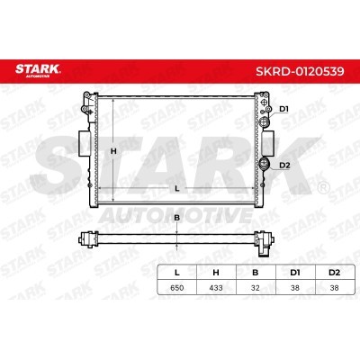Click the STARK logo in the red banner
pyautogui.click(x=38, y=70)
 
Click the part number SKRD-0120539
pyautogui.click(x=300, y=71)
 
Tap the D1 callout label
pyautogui.click(x=283, y=109)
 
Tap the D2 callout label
pyautogui.click(x=284, y=165)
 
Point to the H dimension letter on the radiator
pyautogui.click(x=113, y=151)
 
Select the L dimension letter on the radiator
pyautogui.click(x=177, y=188)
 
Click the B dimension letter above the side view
pyautogui.click(x=177, y=218)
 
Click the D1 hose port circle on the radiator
pyautogui.click(x=265, y=121)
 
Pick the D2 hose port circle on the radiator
pyautogui.click(x=265, y=164)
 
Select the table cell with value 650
pyautogui.click(x=177, y=288)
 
